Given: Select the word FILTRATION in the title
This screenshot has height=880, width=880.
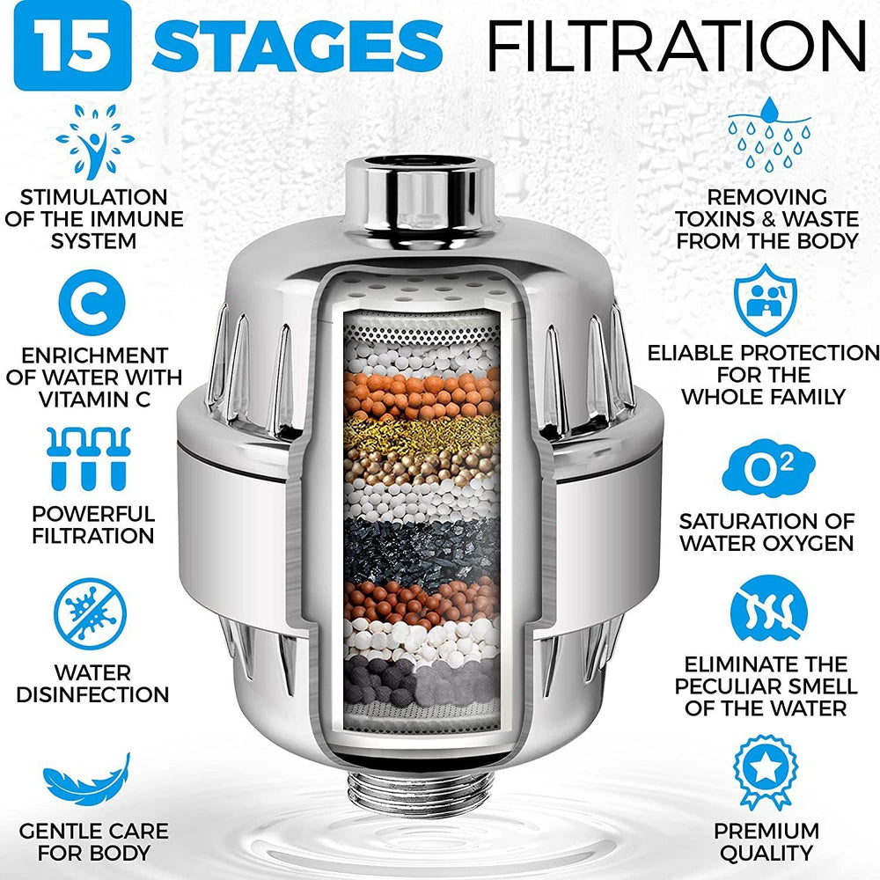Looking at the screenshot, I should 676,43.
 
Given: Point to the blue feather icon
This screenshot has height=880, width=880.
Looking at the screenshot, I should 88,784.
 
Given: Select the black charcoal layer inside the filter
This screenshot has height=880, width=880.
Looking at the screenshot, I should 421,545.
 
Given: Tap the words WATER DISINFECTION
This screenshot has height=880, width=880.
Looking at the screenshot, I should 93,684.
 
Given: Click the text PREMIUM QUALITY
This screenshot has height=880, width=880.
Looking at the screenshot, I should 766,841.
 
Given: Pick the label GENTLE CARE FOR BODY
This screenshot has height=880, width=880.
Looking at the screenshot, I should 93,841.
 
